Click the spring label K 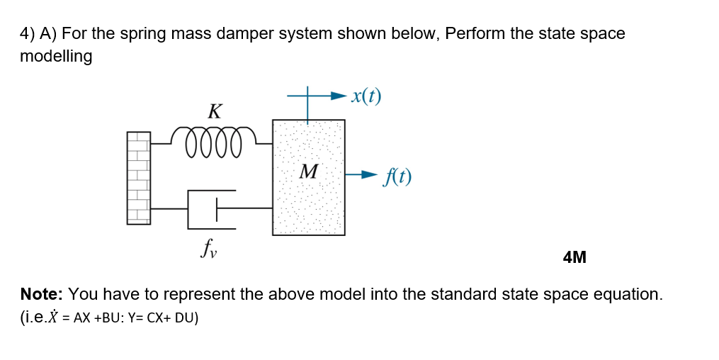[215, 111]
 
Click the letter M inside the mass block [309, 171]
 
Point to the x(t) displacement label [366, 96]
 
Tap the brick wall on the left [139, 178]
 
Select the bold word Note [42, 294]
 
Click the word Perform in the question [475, 34]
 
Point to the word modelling [56, 57]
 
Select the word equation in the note [626, 294]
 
